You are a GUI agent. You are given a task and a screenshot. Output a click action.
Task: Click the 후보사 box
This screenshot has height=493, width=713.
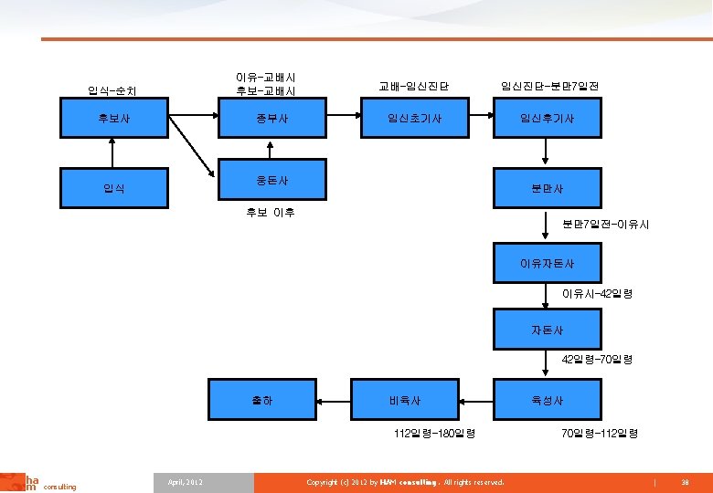(x=114, y=118)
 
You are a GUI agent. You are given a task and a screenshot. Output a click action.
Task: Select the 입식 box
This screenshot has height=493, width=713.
(x=114, y=188)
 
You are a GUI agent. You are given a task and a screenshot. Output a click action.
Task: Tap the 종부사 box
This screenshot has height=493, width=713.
(x=273, y=118)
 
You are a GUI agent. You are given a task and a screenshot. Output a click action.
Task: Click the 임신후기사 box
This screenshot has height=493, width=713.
(x=547, y=118)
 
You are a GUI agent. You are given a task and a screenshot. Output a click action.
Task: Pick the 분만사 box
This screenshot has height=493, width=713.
(x=547, y=188)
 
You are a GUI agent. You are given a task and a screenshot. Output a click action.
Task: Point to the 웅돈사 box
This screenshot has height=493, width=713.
(x=273, y=177)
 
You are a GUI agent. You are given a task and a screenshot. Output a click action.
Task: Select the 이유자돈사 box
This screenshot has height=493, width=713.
(x=547, y=263)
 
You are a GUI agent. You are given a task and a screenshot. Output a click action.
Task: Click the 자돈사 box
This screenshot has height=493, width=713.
(x=547, y=329)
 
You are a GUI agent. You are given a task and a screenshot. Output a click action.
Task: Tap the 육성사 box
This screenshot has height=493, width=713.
(x=547, y=400)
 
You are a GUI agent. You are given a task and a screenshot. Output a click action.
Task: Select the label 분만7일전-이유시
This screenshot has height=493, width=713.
(x=605, y=224)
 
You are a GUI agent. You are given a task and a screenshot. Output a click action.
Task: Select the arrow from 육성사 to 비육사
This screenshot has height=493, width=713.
(x=475, y=400)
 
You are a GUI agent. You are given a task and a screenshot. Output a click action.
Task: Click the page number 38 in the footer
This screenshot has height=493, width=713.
(x=685, y=481)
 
